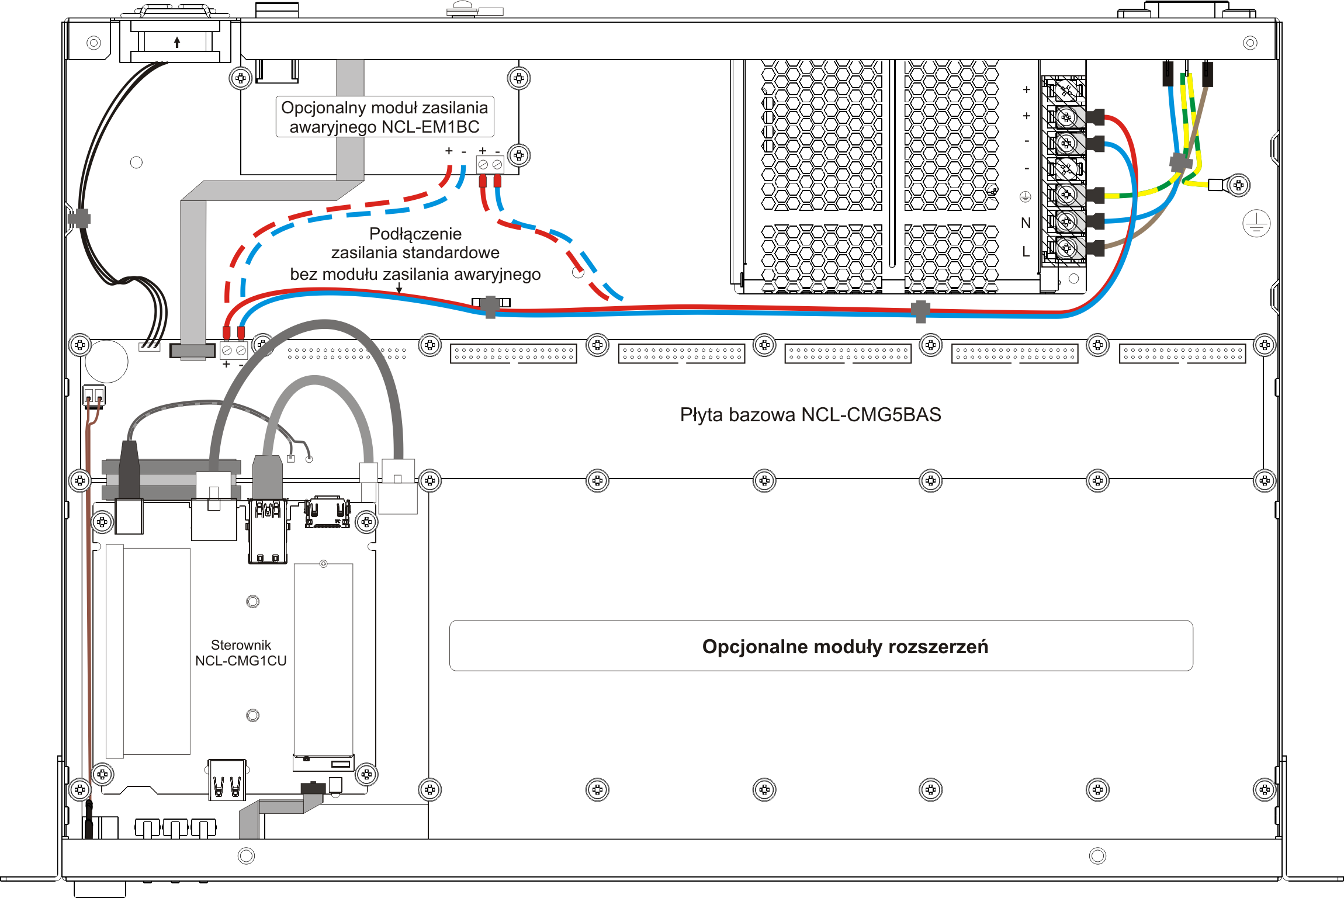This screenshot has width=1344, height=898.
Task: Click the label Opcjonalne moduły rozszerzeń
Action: [845, 647]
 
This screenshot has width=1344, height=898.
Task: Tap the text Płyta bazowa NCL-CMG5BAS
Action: [810, 415]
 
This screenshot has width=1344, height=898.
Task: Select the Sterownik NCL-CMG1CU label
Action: [241, 653]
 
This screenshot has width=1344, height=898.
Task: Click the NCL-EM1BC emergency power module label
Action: [385, 117]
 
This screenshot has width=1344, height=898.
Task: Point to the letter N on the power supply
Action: [1026, 223]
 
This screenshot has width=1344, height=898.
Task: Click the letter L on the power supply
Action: [1026, 251]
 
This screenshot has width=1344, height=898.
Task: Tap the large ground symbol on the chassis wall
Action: [1256, 223]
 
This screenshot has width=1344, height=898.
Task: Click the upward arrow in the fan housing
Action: [177, 42]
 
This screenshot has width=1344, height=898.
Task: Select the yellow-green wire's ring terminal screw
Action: [1238, 185]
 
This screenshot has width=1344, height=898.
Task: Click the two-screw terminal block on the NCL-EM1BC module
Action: [490, 165]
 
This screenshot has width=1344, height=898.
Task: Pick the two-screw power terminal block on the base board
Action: [234, 351]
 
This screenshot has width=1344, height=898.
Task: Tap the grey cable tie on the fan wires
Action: [79, 219]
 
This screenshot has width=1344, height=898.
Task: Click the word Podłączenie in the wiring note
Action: [415, 234]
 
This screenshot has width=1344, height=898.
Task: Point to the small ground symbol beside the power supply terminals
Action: [1026, 197]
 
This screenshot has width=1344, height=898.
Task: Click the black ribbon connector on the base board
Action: [192, 351]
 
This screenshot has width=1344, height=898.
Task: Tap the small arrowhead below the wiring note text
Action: [399, 289]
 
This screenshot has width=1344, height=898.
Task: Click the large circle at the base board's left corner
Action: [106, 361]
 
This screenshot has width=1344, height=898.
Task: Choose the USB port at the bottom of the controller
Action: [227, 779]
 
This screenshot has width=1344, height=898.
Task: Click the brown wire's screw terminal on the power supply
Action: [1066, 248]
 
